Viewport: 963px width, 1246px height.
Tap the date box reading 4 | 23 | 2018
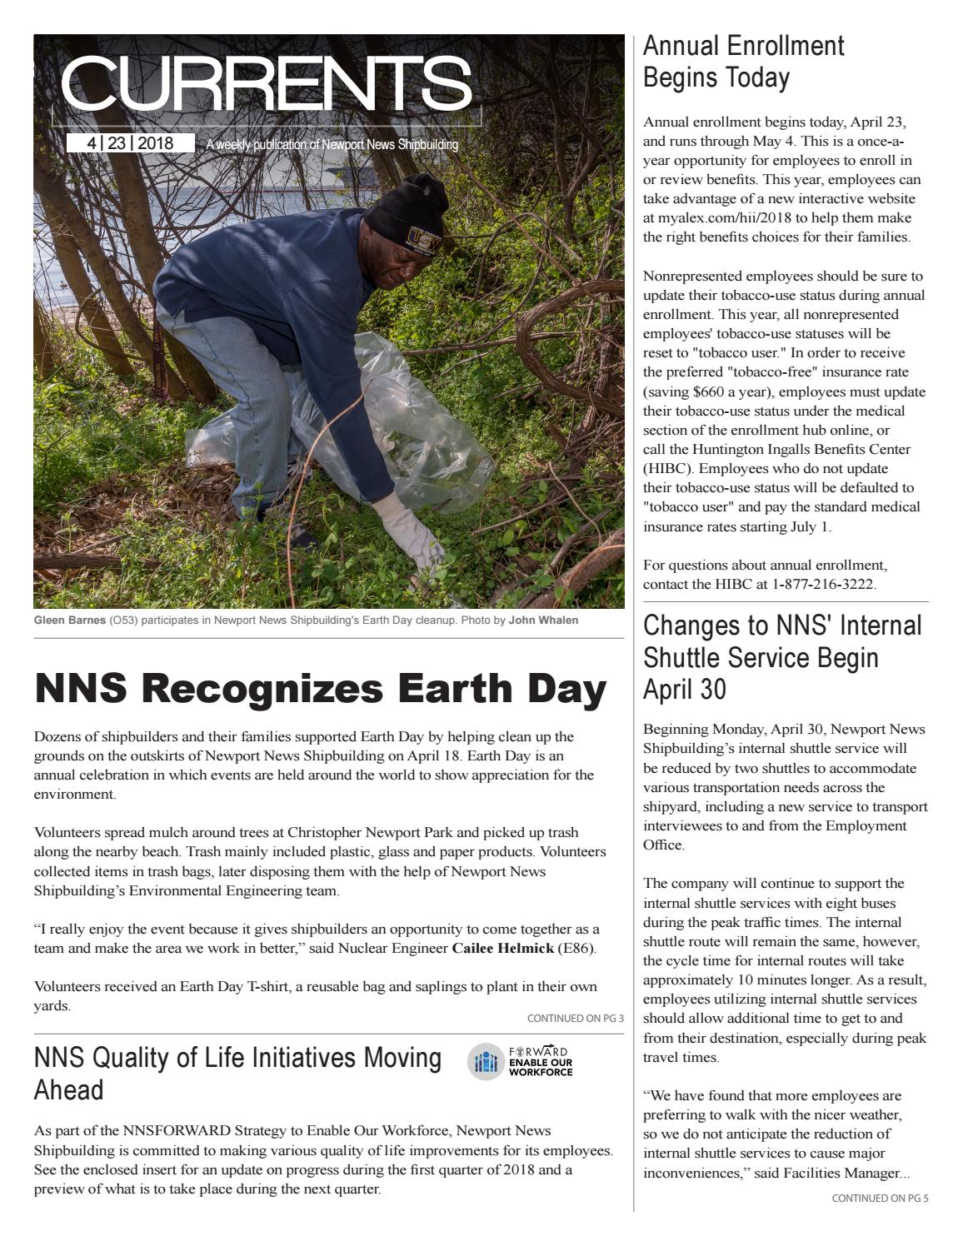click(x=130, y=143)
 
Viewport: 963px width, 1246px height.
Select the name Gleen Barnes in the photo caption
click(x=70, y=621)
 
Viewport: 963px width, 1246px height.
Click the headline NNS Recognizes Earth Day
click(x=321, y=689)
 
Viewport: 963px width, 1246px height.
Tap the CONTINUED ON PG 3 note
click(x=575, y=1018)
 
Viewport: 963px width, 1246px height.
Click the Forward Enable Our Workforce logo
click(x=521, y=1061)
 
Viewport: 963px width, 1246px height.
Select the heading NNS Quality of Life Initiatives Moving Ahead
click(x=237, y=1073)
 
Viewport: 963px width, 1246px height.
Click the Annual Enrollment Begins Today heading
click(x=743, y=62)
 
